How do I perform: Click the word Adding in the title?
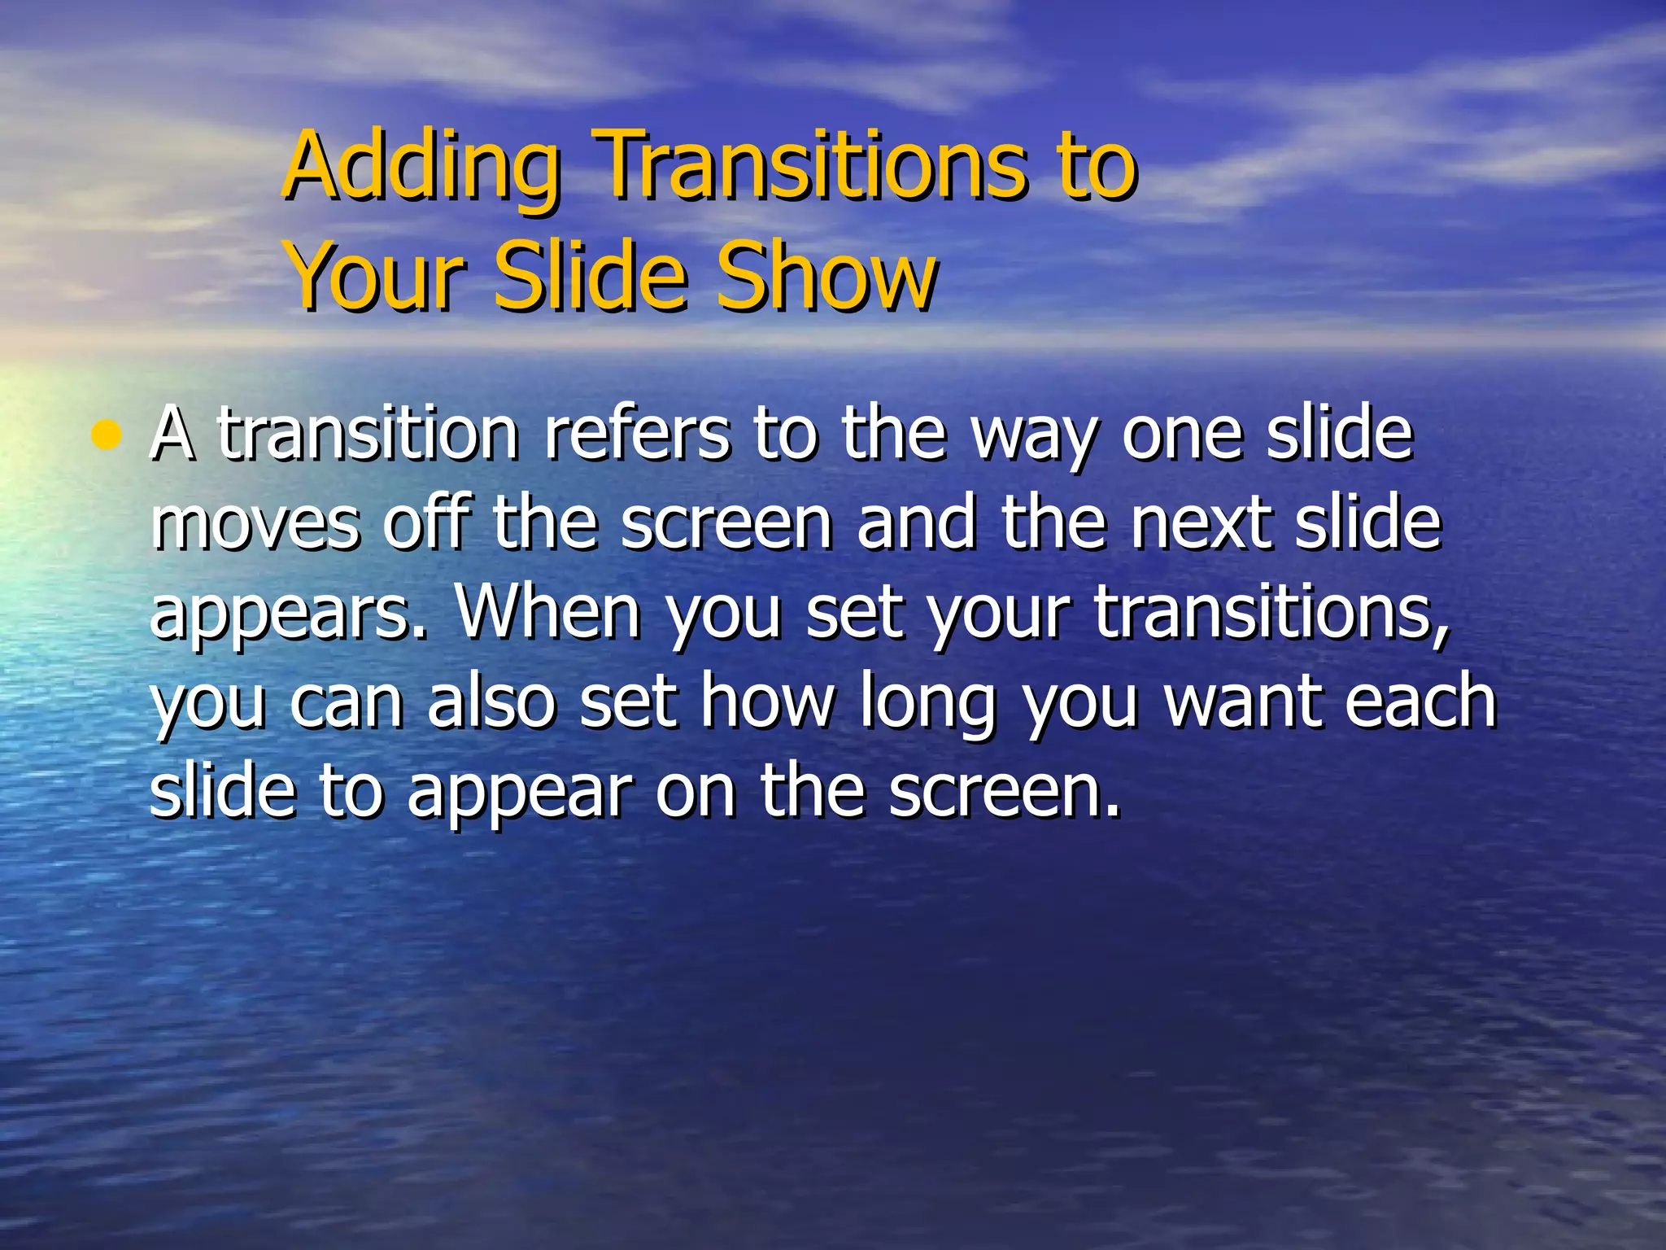[423, 167]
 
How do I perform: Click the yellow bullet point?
[107, 437]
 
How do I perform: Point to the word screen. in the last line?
[1004, 791]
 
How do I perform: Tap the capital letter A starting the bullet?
[172, 435]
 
